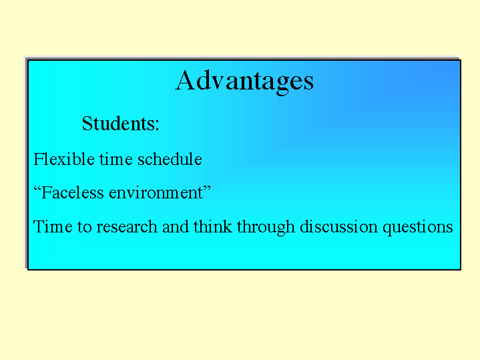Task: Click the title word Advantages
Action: (x=244, y=81)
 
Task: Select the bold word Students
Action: (x=118, y=123)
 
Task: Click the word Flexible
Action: (x=64, y=159)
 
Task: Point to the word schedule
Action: (x=170, y=159)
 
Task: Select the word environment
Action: (x=156, y=193)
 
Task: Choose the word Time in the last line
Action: (x=53, y=226)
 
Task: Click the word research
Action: (x=127, y=226)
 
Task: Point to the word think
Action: (x=213, y=226)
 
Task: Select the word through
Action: (x=266, y=228)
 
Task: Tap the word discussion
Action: (x=338, y=226)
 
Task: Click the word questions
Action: (x=417, y=228)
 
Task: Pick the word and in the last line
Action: (x=176, y=226)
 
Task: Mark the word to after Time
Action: (x=85, y=227)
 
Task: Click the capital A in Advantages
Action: (x=185, y=79)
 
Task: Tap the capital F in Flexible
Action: (x=38, y=159)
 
